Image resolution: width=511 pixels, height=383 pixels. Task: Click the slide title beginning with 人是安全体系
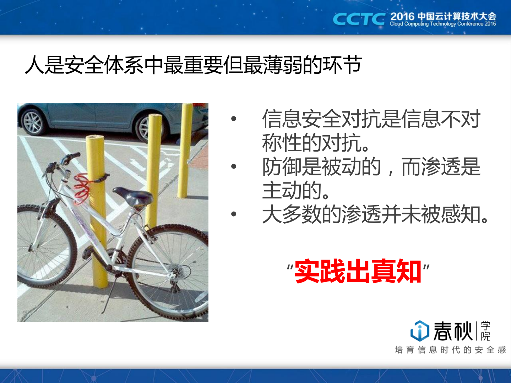[x=193, y=65]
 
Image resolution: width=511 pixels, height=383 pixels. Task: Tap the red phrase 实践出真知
[x=358, y=272]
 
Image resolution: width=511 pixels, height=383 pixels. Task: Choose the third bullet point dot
[x=233, y=214]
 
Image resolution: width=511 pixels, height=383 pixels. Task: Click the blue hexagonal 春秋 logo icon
[x=419, y=330]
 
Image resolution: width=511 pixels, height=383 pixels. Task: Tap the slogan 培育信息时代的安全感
[x=450, y=350]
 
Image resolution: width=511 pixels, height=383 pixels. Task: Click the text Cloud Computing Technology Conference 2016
[x=442, y=24]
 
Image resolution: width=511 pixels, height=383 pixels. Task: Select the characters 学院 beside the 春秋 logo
[x=485, y=331]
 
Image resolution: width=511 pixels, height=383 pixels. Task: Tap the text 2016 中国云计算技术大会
[x=443, y=16]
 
